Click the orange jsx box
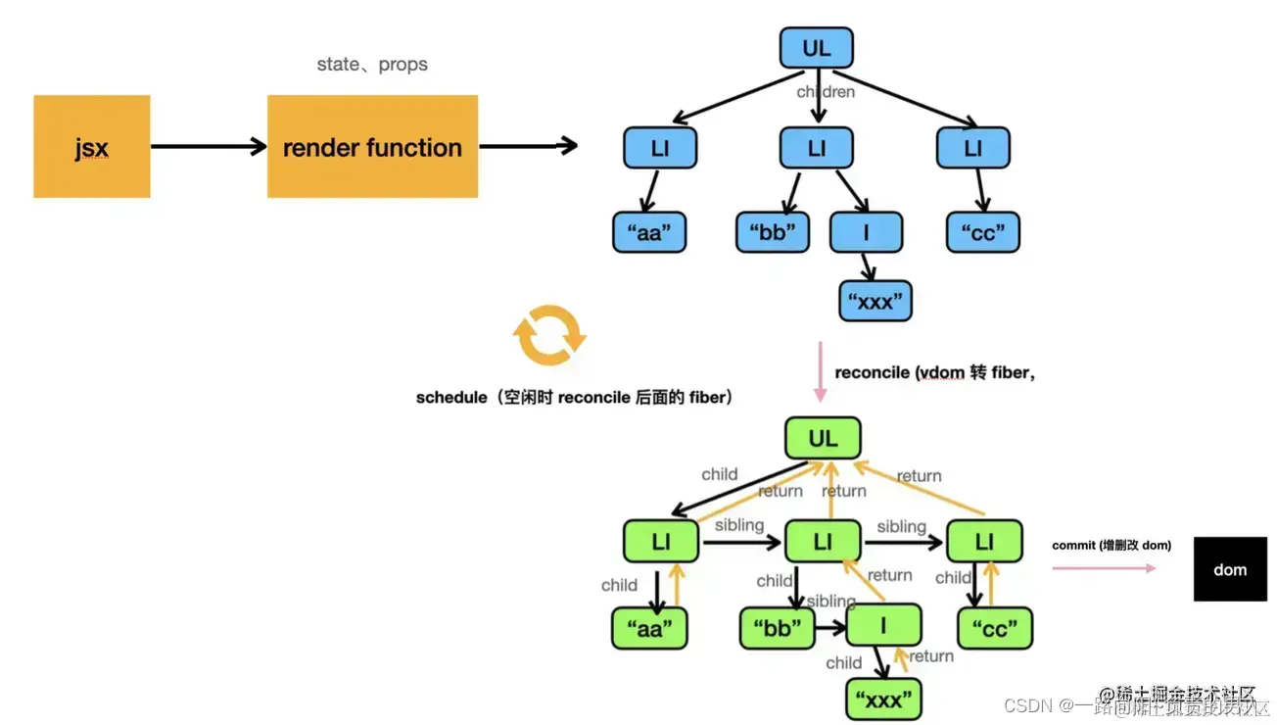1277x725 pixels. coord(91,147)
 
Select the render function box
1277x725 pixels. coord(372,147)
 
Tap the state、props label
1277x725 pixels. coord(372,65)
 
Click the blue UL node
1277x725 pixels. coord(816,48)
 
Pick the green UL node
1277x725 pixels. coord(823,439)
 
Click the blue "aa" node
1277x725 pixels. coord(649,233)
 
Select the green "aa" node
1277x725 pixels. coord(649,629)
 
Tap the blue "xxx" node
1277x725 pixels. coord(875,301)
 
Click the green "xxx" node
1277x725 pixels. coord(883,700)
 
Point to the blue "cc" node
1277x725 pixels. coord(983,233)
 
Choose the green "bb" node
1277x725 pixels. coord(778,629)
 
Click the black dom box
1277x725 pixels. coord(1230,569)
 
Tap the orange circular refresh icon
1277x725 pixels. coord(549,335)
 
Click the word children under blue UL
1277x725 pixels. coord(826,92)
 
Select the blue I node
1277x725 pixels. coord(866,233)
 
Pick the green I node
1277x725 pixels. coord(883,624)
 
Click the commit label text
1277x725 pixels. coord(1111,545)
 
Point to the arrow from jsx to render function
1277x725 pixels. coord(209,147)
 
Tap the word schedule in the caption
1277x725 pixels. coord(450,397)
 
